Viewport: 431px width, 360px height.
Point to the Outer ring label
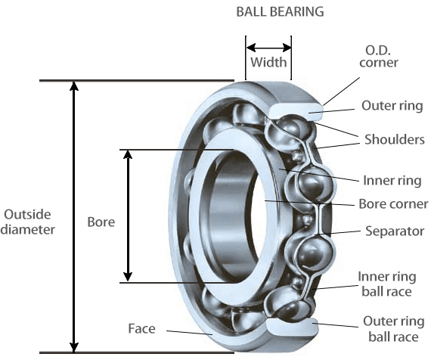[392, 106]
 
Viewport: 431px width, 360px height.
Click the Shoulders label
[392, 141]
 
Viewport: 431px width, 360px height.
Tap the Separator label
[394, 231]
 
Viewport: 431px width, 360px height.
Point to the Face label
[141, 328]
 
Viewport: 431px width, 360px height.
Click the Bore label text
[101, 222]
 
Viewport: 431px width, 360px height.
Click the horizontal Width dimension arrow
[268, 44]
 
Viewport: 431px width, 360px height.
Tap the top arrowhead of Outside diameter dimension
[73, 85]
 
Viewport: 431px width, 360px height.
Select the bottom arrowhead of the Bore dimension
[129, 276]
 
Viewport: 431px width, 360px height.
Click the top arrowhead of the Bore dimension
[129, 155]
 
